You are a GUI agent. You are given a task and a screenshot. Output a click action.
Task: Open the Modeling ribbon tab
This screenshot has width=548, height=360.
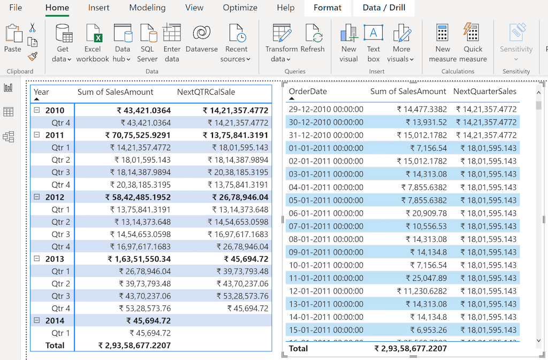pyautogui.click(x=147, y=7)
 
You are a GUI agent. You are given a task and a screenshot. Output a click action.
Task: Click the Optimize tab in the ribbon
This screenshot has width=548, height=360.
pyautogui.click(x=240, y=7)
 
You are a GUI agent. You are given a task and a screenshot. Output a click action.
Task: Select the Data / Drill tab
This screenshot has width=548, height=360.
pyautogui.click(x=384, y=7)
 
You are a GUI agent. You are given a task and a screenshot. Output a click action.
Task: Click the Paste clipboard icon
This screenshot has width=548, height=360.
pyautogui.click(x=13, y=35)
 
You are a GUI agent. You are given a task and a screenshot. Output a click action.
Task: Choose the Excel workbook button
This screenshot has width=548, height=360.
pyautogui.click(x=93, y=34)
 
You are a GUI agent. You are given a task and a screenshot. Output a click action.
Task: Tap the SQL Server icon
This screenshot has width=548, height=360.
pyautogui.click(x=147, y=34)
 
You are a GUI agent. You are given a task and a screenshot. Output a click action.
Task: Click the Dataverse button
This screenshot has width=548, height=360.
pyautogui.click(x=202, y=34)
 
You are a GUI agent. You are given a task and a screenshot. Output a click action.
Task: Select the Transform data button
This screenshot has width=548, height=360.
pyautogui.click(x=281, y=34)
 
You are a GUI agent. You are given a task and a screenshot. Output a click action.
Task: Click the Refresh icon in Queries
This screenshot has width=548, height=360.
pyautogui.click(x=313, y=34)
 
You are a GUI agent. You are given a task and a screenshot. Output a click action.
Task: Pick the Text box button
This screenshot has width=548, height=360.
pyautogui.click(x=374, y=34)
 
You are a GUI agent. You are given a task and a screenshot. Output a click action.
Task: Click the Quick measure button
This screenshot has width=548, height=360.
pyautogui.click(x=473, y=34)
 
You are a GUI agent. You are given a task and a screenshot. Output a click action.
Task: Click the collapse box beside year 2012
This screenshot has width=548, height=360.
pyautogui.click(x=37, y=197)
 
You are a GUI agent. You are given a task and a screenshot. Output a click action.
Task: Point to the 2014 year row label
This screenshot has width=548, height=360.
pyautogui.click(x=55, y=321)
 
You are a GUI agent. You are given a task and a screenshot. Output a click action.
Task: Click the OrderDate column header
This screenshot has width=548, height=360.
pyautogui.click(x=308, y=91)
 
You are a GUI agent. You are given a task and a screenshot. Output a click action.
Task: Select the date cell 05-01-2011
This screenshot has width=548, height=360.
pyautogui.click(x=326, y=200)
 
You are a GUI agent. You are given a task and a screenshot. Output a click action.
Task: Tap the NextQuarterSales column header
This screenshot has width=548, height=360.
pyautogui.click(x=485, y=91)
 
